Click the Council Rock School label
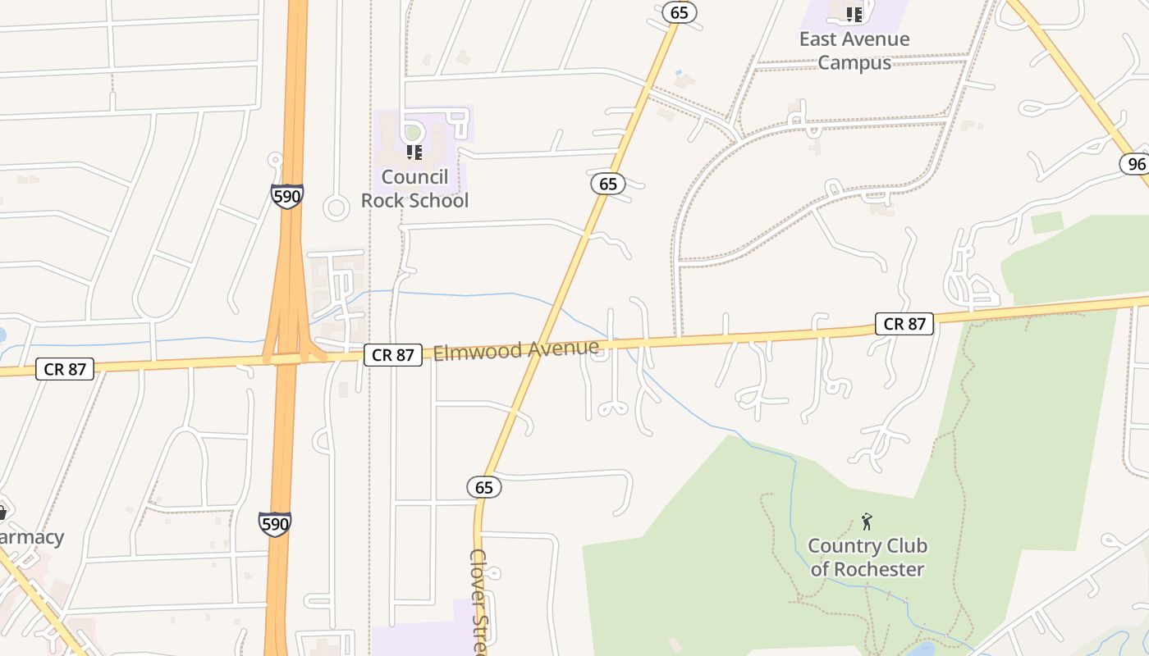click(x=414, y=189)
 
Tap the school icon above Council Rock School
click(x=414, y=152)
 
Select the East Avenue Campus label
click(x=854, y=51)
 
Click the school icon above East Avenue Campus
click(x=854, y=14)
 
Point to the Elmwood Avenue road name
click(x=515, y=350)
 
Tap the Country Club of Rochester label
click(x=867, y=558)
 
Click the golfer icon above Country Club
click(x=867, y=522)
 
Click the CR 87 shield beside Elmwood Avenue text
click(x=393, y=354)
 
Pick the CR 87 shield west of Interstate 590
click(x=65, y=369)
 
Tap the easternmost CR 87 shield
click(x=905, y=324)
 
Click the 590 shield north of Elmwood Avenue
click(x=286, y=196)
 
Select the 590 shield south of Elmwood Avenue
click(x=275, y=523)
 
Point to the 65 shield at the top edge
click(x=679, y=11)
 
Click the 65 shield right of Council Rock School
click(x=608, y=184)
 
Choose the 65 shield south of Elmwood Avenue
click(x=484, y=487)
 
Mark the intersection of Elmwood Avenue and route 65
click(x=540, y=345)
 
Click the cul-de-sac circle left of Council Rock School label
click(x=336, y=207)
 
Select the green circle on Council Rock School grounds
click(x=414, y=132)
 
